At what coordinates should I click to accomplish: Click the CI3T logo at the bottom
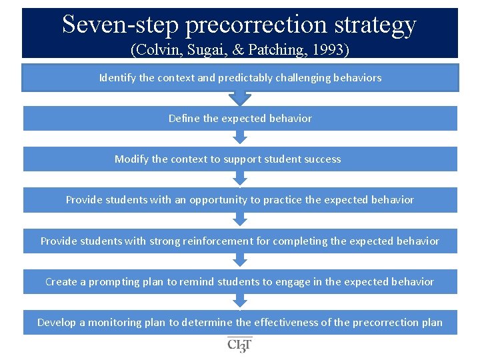pyautogui.click(x=240, y=344)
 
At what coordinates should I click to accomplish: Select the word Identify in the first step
pyautogui.click(x=117, y=78)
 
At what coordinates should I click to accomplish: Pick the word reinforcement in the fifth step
pyautogui.click(x=216, y=241)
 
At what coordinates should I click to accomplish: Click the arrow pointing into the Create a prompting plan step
pyautogui.click(x=239, y=261)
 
